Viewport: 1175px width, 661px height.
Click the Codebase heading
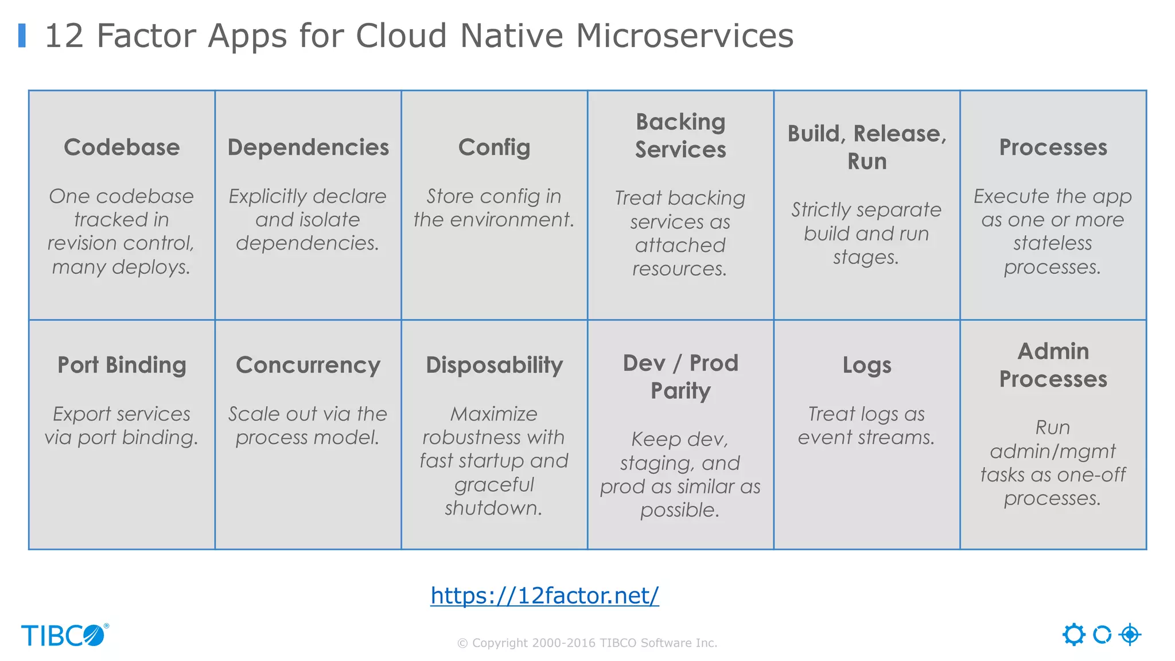(122, 147)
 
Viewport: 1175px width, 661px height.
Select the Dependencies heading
(308, 147)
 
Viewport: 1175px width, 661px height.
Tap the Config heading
(494, 147)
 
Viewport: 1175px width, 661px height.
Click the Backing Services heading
(680, 135)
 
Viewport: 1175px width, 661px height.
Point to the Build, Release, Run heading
(867, 147)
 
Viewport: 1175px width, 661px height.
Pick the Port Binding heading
(122, 365)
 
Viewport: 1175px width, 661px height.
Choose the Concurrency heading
(308, 365)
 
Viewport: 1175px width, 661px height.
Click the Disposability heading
(494, 365)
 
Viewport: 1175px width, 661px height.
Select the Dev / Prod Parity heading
(680, 376)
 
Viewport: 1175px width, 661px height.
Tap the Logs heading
(867, 365)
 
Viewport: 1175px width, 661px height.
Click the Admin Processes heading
(1053, 365)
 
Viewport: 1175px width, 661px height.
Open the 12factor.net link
(544, 596)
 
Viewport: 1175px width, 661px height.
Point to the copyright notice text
(587, 643)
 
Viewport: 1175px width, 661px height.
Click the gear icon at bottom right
(1073, 635)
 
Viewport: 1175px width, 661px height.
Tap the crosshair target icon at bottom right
(1130, 635)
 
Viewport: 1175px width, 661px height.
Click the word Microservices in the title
(684, 36)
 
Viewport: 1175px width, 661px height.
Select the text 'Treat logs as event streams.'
(866, 426)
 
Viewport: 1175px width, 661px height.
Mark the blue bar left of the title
(22, 35)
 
